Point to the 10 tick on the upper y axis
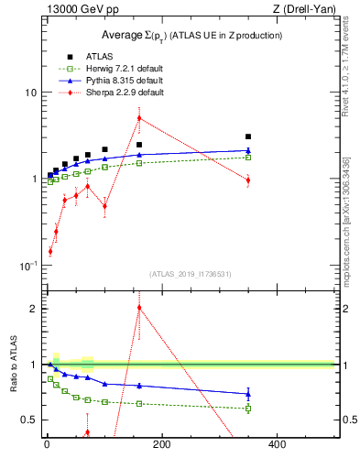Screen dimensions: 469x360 30,93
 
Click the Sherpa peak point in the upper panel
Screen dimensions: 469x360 139,117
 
